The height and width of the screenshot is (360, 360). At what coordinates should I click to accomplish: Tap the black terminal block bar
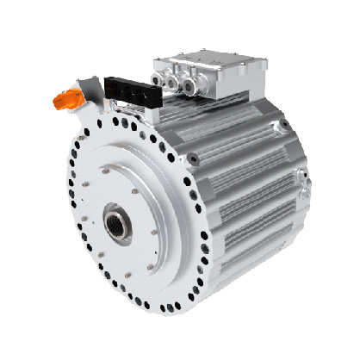click(128, 88)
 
